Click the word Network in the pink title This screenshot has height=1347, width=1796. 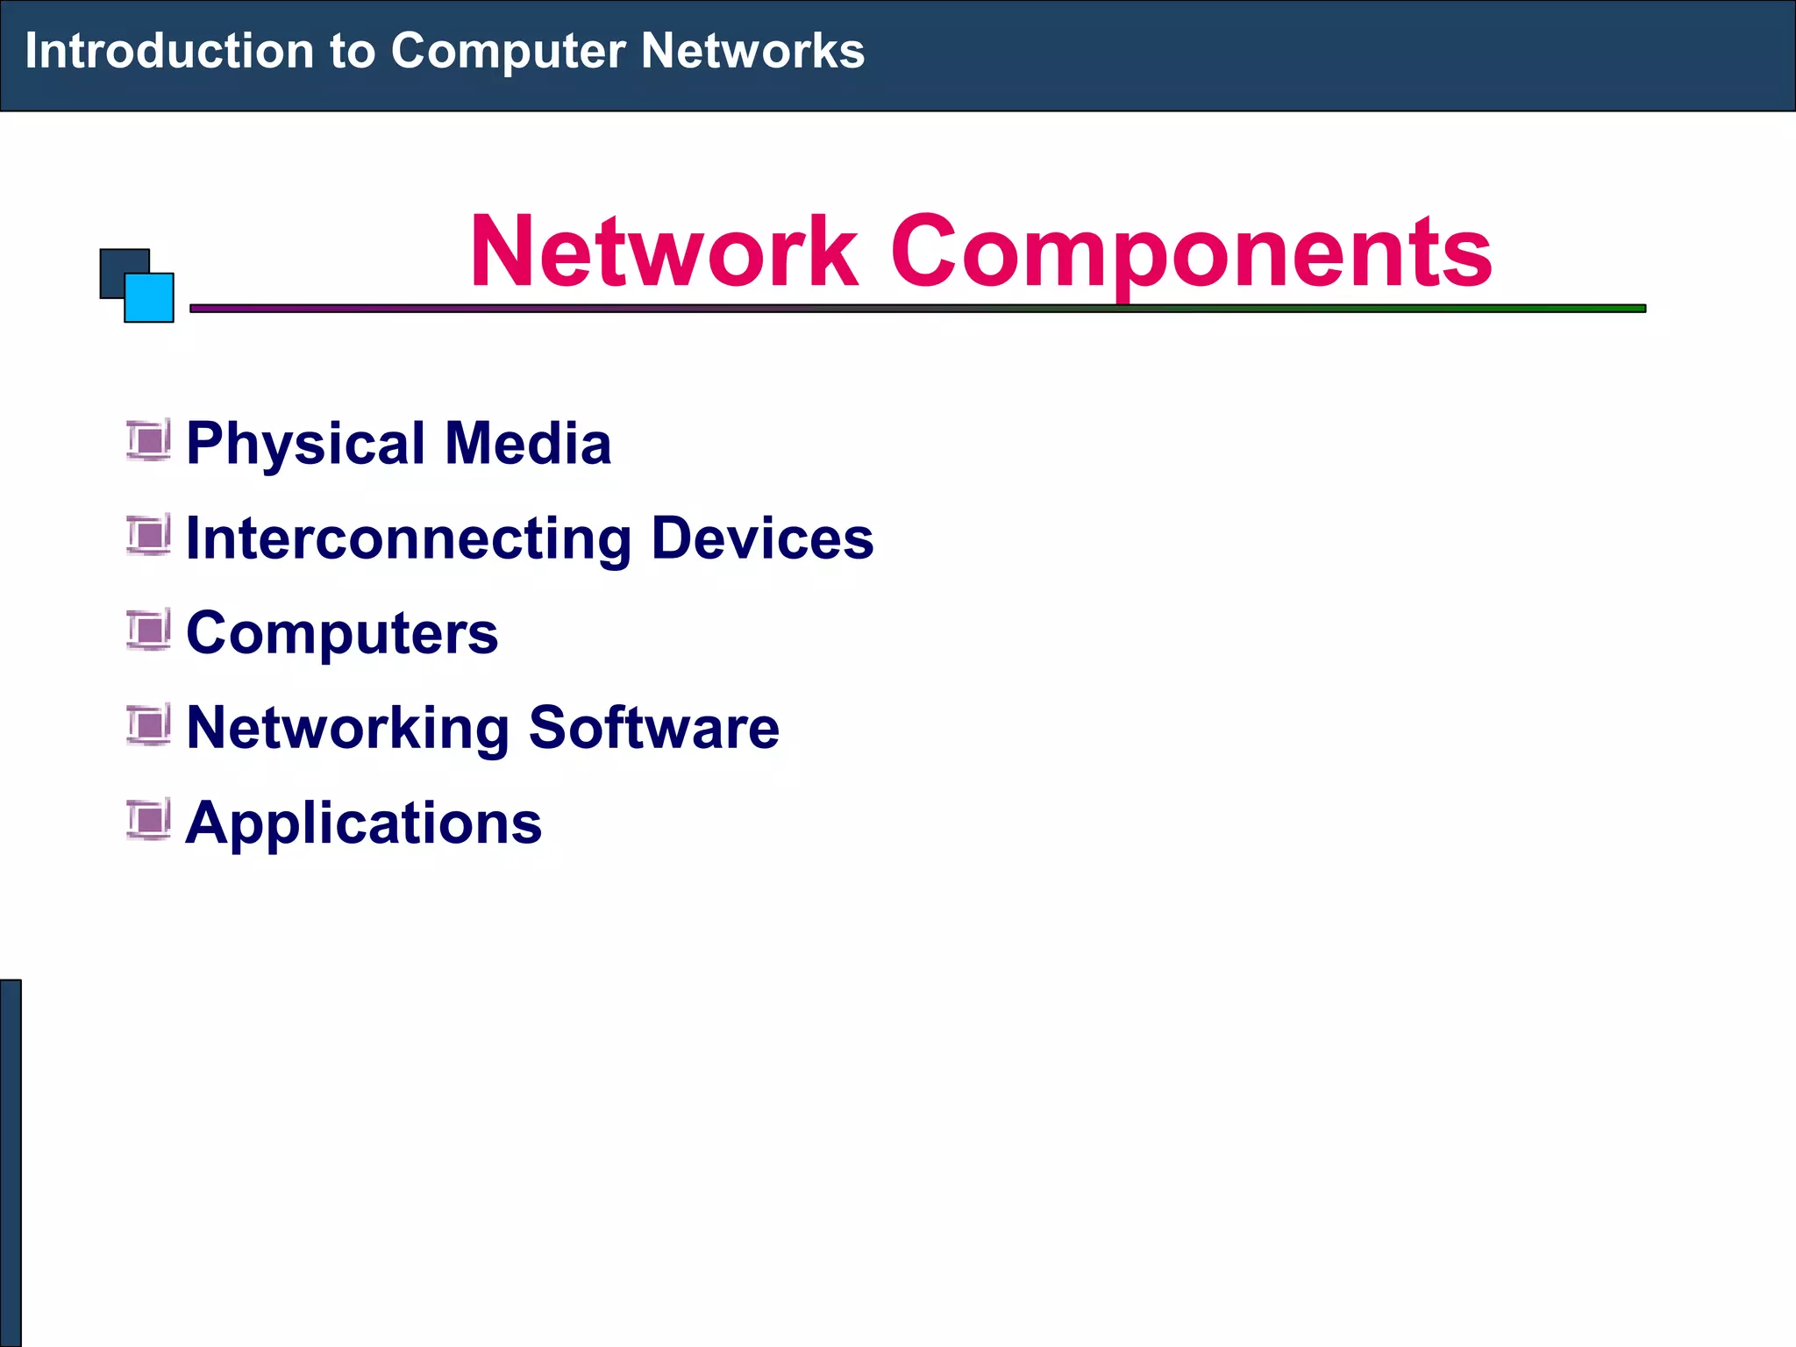point(663,253)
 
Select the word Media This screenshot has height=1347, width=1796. point(528,443)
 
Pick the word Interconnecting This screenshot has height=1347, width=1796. point(409,538)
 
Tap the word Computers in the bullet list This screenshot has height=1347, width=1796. point(342,633)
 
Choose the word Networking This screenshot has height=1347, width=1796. point(348,729)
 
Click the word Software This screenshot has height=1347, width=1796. point(653,727)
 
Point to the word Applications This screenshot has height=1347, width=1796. point(364,824)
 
